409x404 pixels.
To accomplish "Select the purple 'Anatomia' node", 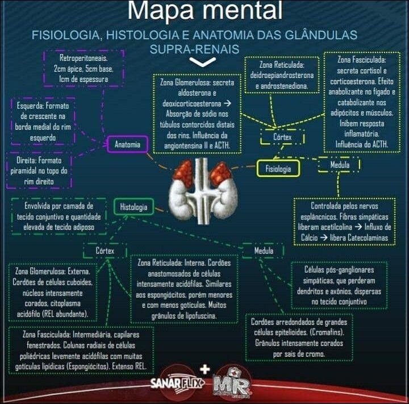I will pos(127,144).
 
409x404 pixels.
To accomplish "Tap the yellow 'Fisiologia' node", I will pos(278,169).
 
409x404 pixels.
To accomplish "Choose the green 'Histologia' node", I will pos(133,207).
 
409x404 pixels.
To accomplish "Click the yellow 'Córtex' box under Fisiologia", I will pos(282,137).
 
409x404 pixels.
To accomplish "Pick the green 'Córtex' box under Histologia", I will pos(105,250).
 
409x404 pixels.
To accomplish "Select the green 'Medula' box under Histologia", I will pos(264,251).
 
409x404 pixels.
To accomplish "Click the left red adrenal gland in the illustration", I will pos(183,173).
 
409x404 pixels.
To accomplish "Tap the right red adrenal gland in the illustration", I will pos(220,174).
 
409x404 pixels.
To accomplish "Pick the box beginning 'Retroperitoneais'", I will pos(84,68).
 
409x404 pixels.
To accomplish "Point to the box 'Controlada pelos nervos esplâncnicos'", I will pos(344,222).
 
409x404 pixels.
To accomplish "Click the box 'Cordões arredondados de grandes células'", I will pos(290,338).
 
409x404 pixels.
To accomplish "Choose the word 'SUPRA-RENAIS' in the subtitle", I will pos(194,49).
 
